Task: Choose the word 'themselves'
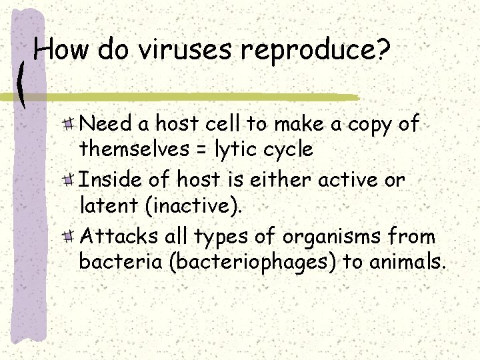coord(134,149)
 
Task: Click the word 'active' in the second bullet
coord(353,180)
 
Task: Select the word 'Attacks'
coord(116,237)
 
